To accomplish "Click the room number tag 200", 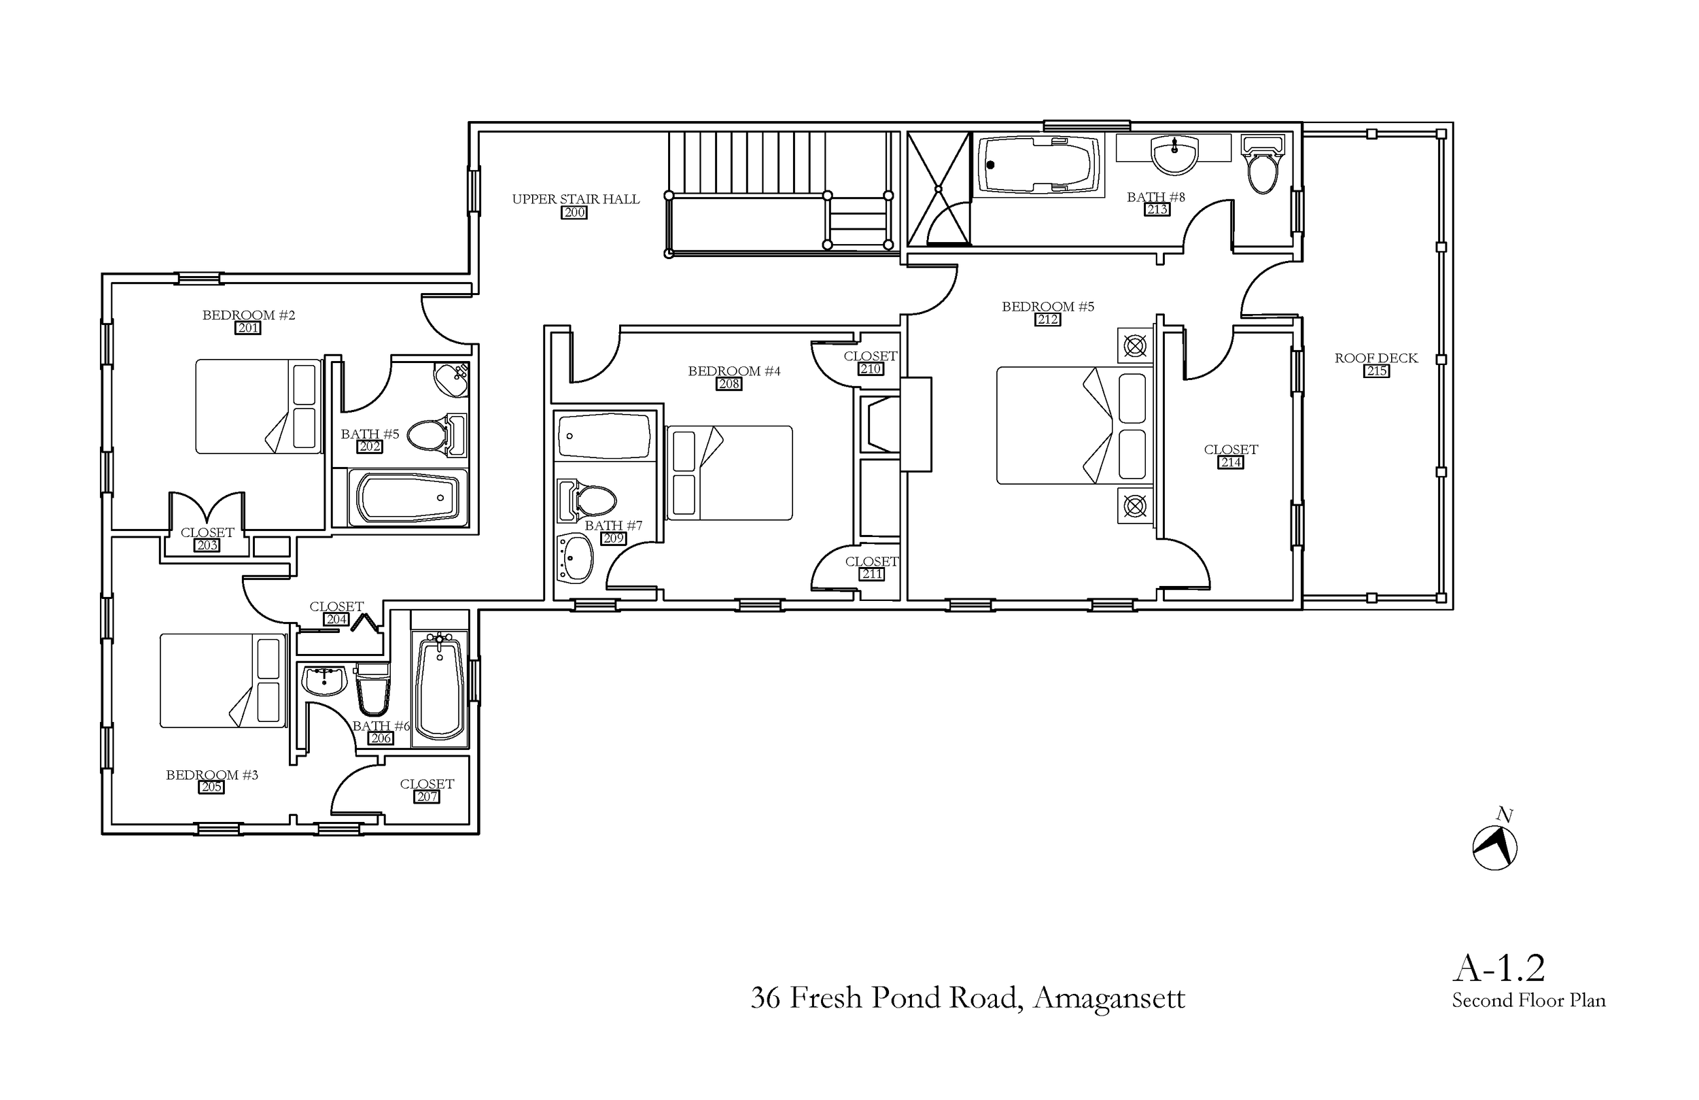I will coord(574,212).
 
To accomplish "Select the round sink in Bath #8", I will coord(1174,154).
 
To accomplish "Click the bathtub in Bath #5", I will coord(408,498).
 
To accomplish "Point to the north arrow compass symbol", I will coord(1494,848).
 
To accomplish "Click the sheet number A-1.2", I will coord(1499,969).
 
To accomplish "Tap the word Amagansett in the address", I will coord(1108,998).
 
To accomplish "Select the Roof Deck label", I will coord(1376,358).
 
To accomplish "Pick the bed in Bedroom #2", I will coord(258,407).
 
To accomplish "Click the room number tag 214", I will coord(1231,462).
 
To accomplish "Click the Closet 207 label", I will coord(426,784).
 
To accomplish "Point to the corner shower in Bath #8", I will coord(938,189).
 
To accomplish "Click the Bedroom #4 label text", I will coord(734,371).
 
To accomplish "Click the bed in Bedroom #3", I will coord(223,681).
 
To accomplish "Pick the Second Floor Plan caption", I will coord(1528,1001).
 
